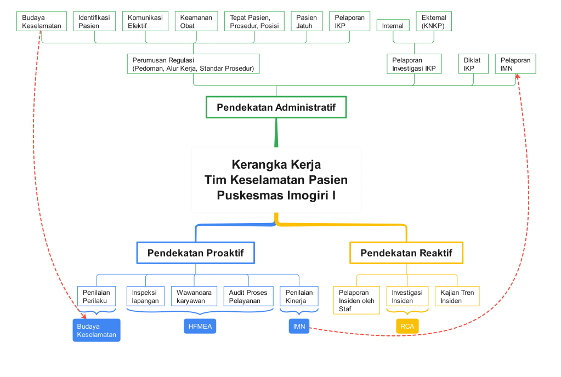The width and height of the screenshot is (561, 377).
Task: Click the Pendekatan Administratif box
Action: (276, 107)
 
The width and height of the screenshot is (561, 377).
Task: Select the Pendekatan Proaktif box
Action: (195, 253)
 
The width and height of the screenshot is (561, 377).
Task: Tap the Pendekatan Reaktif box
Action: (406, 253)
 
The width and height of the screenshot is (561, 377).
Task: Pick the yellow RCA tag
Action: (407, 327)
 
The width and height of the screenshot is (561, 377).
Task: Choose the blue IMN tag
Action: (299, 327)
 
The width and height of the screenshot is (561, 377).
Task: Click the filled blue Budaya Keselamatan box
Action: (97, 330)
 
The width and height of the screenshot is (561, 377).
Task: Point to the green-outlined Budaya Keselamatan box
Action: (42, 21)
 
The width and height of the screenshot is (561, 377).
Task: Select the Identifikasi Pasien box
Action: (94, 21)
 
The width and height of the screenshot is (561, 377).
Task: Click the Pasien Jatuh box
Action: (307, 21)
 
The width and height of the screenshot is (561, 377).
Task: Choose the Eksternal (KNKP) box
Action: (434, 21)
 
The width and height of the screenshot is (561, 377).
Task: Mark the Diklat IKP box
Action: (473, 64)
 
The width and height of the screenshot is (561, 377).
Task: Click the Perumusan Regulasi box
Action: (193, 64)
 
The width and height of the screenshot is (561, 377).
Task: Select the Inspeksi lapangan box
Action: (145, 296)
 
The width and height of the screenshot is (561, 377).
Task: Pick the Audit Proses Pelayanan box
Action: (248, 296)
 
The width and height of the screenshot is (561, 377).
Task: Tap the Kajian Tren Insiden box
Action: (457, 296)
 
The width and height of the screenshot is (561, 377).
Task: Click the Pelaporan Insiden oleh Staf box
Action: (356, 300)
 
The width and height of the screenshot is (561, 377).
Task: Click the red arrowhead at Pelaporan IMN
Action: (517, 77)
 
